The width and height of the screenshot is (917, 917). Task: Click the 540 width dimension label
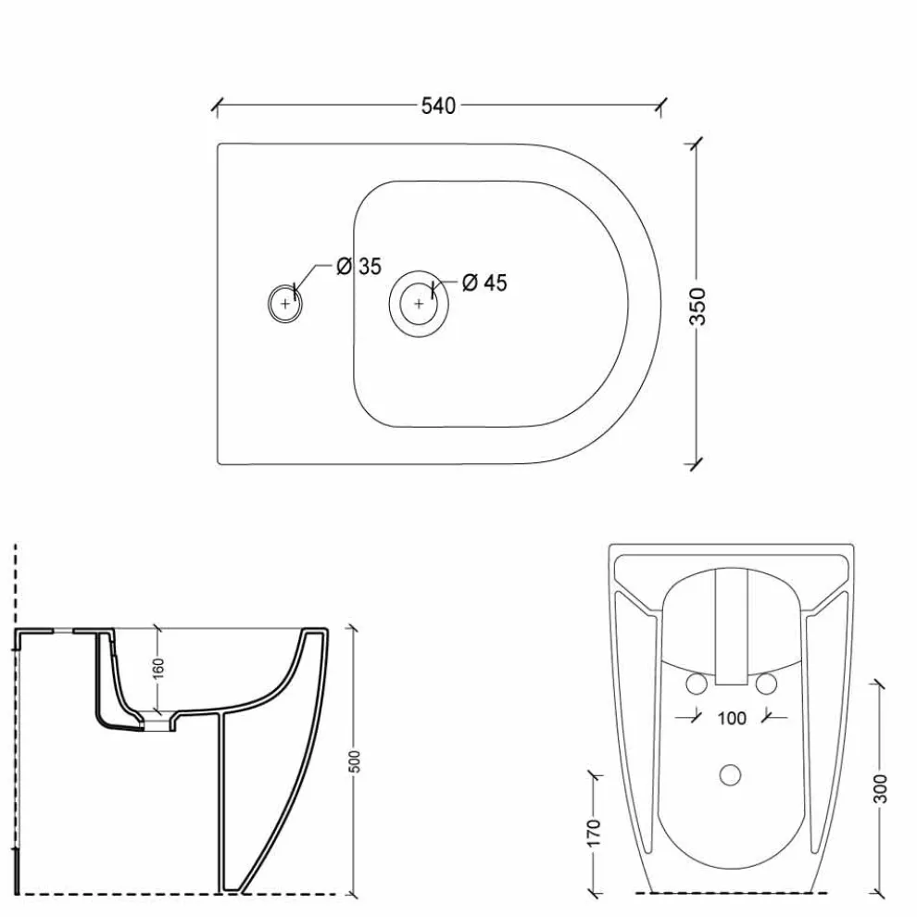(438, 106)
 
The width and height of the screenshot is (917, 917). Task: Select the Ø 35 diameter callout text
(358, 267)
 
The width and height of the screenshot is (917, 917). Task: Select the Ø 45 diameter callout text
(484, 283)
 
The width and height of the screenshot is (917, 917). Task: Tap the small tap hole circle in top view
(285, 303)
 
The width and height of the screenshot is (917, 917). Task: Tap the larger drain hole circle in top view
(419, 302)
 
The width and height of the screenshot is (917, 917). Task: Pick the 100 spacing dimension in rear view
(731, 718)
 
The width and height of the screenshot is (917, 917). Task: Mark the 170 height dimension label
(594, 832)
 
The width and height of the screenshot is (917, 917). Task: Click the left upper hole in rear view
(696, 684)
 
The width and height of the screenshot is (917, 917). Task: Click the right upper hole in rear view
(766, 684)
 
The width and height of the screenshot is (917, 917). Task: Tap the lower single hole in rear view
(731, 773)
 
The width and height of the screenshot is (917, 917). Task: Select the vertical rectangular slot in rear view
(731, 627)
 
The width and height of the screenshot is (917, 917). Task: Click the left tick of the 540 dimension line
(216, 107)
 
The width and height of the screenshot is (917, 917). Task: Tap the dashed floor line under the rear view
(731, 894)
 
